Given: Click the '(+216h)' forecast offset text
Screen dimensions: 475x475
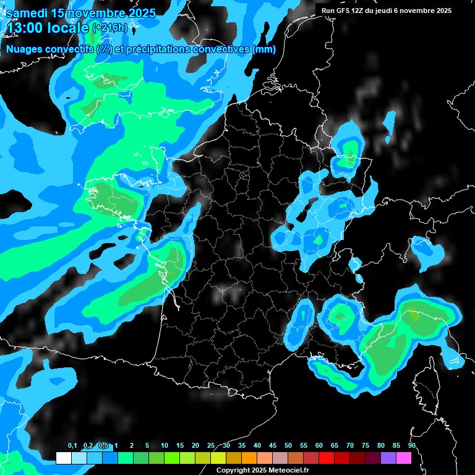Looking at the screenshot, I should tap(110, 28).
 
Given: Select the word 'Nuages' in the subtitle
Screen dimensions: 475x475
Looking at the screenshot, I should tap(24, 49).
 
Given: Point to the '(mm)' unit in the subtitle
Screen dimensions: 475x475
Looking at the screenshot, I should tap(264, 49).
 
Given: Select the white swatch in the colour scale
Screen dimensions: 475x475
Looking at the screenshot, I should tap(63, 458).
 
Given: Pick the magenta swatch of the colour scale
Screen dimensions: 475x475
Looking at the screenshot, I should tap(404, 458).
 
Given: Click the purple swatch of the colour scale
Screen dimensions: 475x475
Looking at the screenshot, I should tap(388, 458).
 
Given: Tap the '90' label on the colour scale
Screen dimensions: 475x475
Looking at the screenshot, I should tap(412, 446).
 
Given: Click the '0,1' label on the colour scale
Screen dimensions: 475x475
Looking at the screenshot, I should tap(72, 446).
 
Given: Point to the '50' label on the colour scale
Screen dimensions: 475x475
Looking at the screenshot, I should tap(288, 446).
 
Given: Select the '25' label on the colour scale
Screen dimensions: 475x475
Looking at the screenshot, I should tap(211, 446).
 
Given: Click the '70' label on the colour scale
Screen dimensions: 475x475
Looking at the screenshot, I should tap(350, 446).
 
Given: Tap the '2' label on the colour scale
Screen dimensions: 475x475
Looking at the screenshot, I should tap(132, 446).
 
